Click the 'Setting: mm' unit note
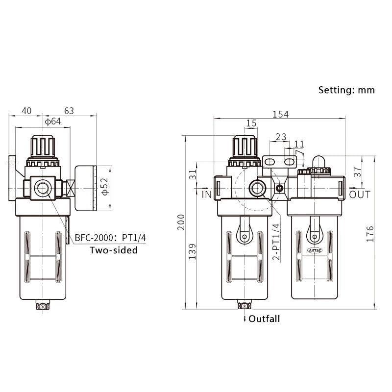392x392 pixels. pyautogui.click(x=346, y=90)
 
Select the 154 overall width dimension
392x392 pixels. pyautogui.click(x=280, y=114)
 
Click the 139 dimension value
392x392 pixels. pyautogui.click(x=193, y=251)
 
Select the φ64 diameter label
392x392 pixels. pyautogui.click(x=52, y=122)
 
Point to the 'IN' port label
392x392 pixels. pyautogui.click(x=207, y=195)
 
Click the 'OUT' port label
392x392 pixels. pyautogui.click(x=360, y=195)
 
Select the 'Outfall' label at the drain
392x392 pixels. pyautogui.click(x=264, y=319)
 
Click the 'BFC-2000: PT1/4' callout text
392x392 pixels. pyautogui.click(x=110, y=239)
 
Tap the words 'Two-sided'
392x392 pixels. pyautogui.click(x=114, y=250)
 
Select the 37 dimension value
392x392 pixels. pyautogui.click(x=357, y=172)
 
